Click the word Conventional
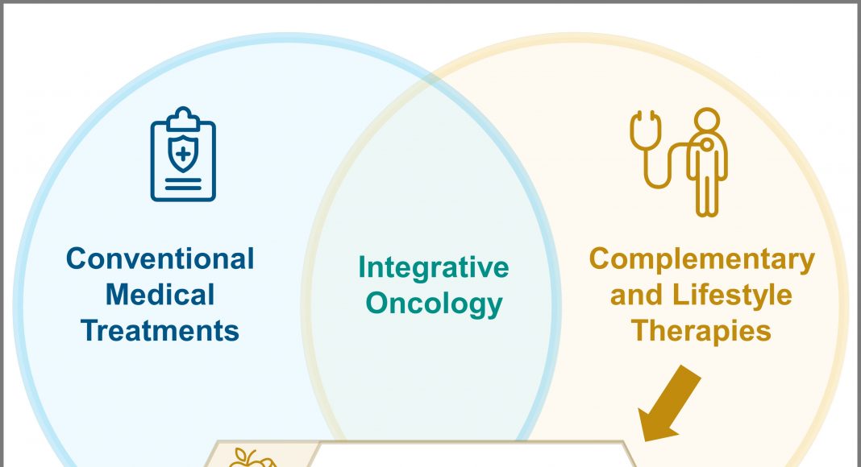pyautogui.click(x=160, y=258)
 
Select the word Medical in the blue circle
pyautogui.click(x=160, y=295)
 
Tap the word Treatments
pyautogui.click(x=160, y=331)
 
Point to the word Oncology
pyautogui.click(x=434, y=304)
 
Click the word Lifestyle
pyautogui.click(x=732, y=295)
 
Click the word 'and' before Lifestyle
pyautogui.click(x=637, y=295)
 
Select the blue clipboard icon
pyautogui.click(x=183, y=154)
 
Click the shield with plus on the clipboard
pyautogui.click(x=183, y=155)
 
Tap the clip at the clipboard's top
pyautogui.click(x=183, y=118)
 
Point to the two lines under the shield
pyautogui.click(x=183, y=184)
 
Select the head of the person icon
pyautogui.click(x=707, y=119)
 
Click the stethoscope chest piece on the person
pyautogui.click(x=707, y=144)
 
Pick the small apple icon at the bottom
pyautogui.click(x=252, y=458)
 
